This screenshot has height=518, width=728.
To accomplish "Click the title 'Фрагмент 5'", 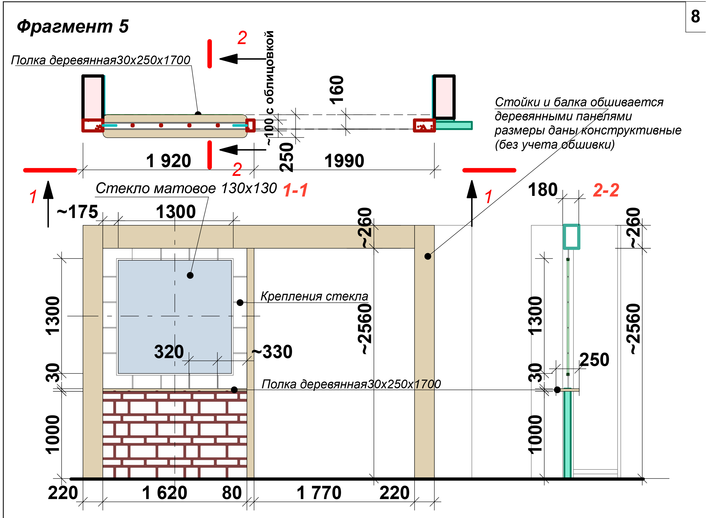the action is [x=73, y=26].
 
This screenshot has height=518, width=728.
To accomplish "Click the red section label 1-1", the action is [x=295, y=190].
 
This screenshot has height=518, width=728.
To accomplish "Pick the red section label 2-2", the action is [x=606, y=190].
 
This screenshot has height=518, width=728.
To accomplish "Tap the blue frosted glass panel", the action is [x=175, y=317].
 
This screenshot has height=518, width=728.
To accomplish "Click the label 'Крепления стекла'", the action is [x=314, y=296].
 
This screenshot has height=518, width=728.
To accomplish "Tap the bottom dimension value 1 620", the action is [x=165, y=493].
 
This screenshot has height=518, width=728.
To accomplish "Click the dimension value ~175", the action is [x=77, y=212].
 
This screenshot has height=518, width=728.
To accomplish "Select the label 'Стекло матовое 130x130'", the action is [x=186, y=188].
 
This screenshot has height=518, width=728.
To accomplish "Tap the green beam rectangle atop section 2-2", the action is [x=571, y=237].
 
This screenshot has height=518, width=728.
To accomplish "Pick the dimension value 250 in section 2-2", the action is [x=594, y=360].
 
